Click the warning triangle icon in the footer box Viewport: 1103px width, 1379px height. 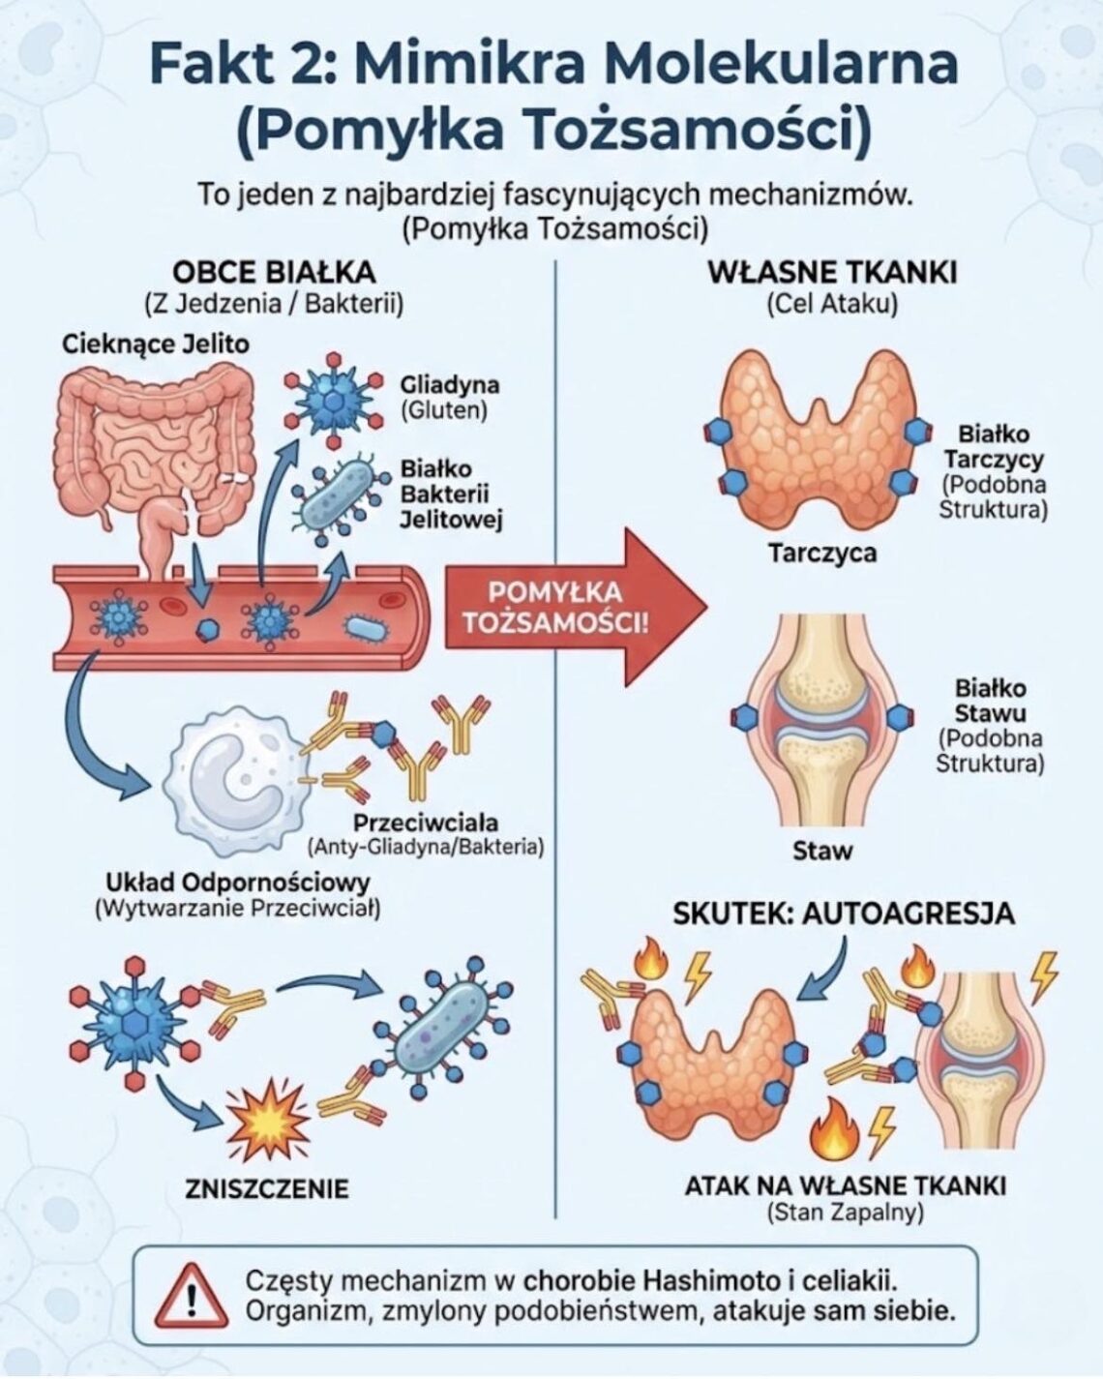pyautogui.click(x=190, y=1298)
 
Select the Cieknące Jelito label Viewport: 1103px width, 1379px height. pyautogui.click(x=155, y=344)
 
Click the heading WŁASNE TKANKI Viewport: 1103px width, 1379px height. pyautogui.click(x=832, y=272)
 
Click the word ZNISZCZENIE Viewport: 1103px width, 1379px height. pyautogui.click(x=266, y=1188)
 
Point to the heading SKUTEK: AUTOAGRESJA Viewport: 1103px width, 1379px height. pyautogui.click(x=844, y=913)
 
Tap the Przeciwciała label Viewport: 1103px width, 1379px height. pyautogui.click(x=426, y=823)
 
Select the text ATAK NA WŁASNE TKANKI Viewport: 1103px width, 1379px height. pyautogui.click(x=846, y=1185)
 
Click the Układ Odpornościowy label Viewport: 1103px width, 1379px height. pyautogui.click(x=238, y=883)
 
